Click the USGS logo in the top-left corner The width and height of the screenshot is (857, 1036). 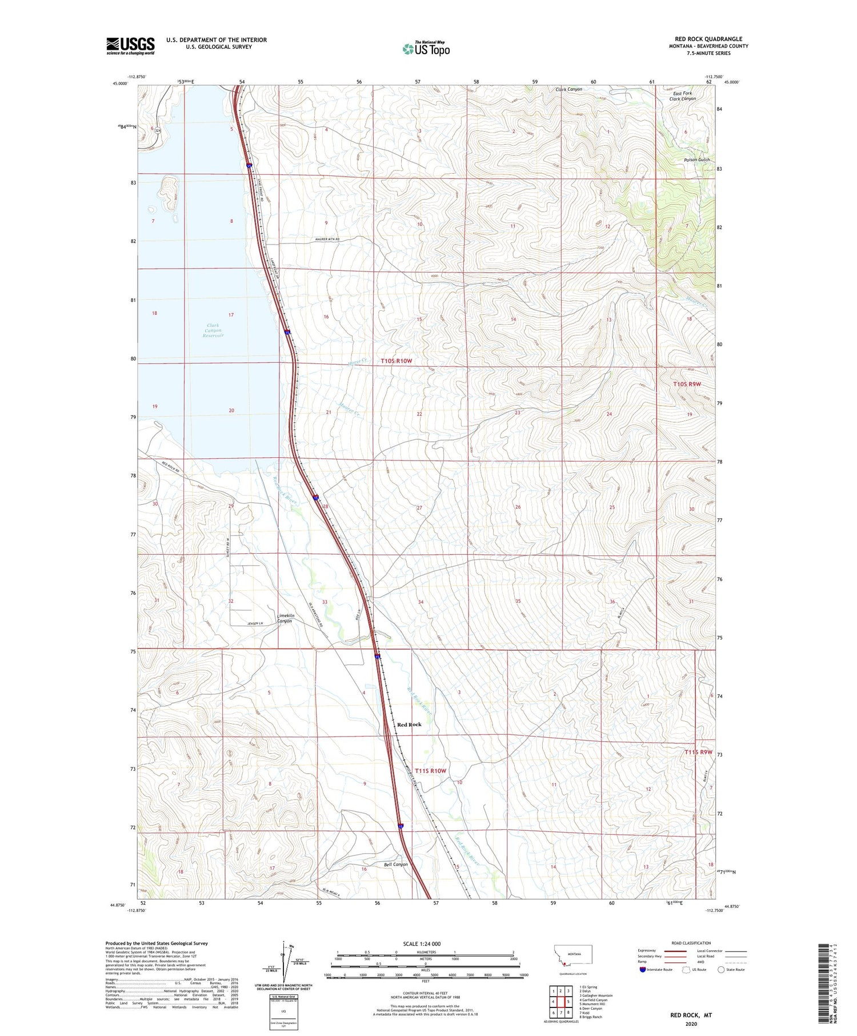pos(130,46)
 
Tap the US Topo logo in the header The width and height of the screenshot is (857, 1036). pos(426,49)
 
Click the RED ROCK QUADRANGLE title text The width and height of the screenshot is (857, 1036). pos(708,39)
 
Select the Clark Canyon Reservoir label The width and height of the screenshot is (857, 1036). pos(213,330)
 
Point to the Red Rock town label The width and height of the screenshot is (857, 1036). pos(409,724)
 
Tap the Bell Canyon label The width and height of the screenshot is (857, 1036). pos(395,865)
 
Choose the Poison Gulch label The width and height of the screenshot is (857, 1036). pos(696,160)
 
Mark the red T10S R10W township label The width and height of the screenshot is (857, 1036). pos(396,361)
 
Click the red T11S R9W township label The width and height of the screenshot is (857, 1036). pos(698,752)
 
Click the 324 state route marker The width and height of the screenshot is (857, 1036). pos(158,131)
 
